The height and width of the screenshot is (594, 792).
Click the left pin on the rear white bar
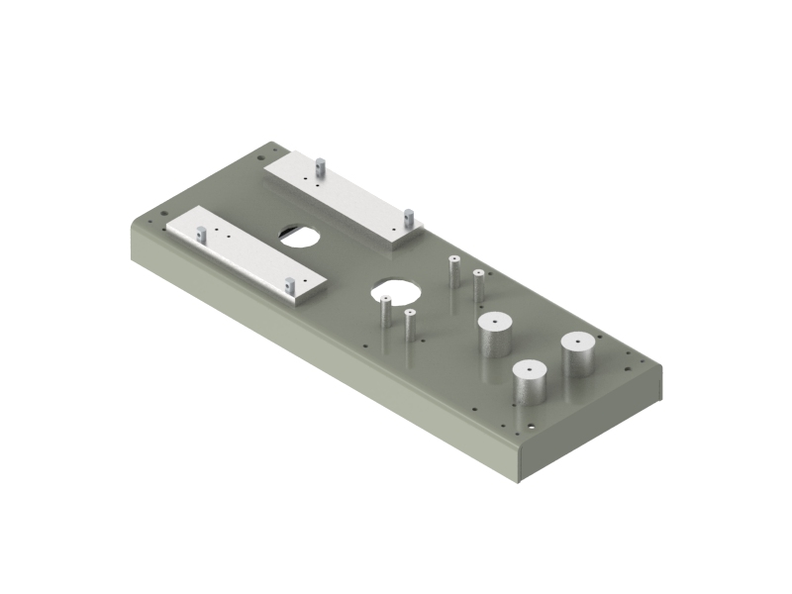pyautogui.click(x=320, y=165)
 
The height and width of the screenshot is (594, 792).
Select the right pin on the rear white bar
pyautogui.click(x=407, y=216)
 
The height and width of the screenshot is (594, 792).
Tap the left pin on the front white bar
pyautogui.click(x=201, y=235)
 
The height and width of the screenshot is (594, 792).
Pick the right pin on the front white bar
pyautogui.click(x=290, y=285)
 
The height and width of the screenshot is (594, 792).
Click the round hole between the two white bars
pyautogui.click(x=299, y=235)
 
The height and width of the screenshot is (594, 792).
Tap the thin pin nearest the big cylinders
pyautogui.click(x=478, y=285)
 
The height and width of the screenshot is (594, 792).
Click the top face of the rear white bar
pyautogui.click(x=342, y=195)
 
